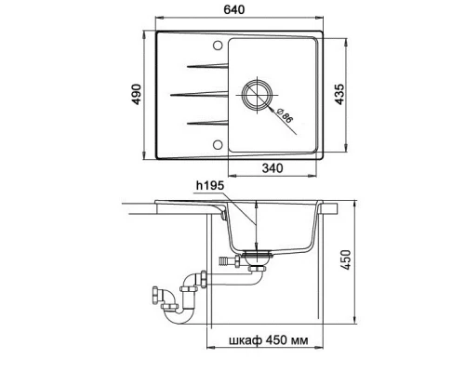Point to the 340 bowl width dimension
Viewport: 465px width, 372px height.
pyautogui.click(x=272, y=169)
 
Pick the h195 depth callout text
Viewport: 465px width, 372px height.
pyautogui.click(x=208, y=186)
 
